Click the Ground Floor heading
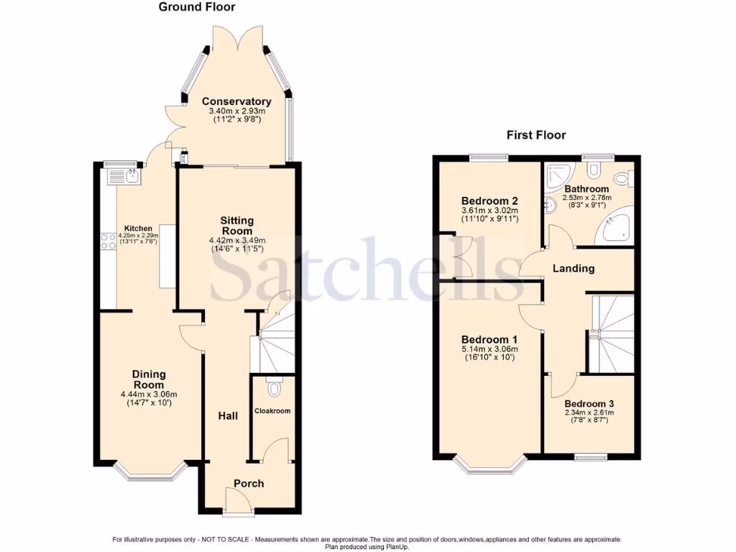pyautogui.click(x=196, y=7)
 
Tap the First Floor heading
pyautogui.click(x=535, y=134)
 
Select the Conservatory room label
pyautogui.click(x=236, y=101)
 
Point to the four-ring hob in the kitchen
pyautogui.click(x=109, y=241)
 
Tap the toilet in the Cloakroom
pyautogui.click(x=273, y=388)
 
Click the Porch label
pyautogui.click(x=249, y=484)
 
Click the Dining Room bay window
pyautogui.click(x=149, y=472)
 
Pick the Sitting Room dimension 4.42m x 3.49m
pyautogui.click(x=236, y=241)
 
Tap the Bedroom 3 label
pyautogui.click(x=589, y=404)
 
